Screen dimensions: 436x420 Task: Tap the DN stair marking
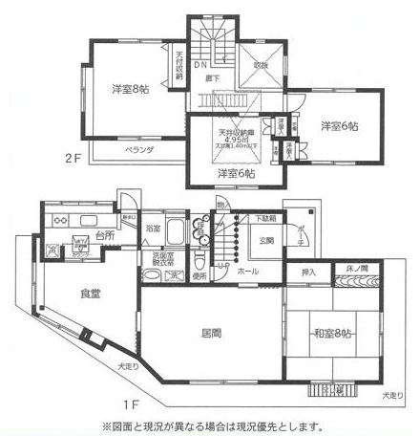(x=201, y=67)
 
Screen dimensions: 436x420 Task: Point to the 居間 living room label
(x=212, y=333)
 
